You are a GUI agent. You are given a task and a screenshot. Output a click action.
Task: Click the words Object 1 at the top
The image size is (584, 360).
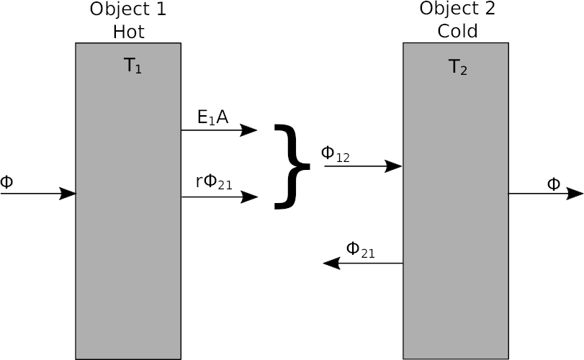tap(128, 9)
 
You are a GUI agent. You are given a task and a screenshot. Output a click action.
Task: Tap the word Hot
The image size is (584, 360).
tap(128, 32)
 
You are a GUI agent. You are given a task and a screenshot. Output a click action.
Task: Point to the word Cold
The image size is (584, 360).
tap(457, 32)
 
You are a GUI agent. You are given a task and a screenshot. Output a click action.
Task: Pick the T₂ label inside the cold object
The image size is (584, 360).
tap(459, 68)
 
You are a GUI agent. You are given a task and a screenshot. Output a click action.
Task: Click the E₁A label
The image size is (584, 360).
tap(212, 117)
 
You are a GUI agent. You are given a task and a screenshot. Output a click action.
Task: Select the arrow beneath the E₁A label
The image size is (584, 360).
tap(219, 130)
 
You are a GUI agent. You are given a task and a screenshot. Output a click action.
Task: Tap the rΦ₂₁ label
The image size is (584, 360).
tap(214, 183)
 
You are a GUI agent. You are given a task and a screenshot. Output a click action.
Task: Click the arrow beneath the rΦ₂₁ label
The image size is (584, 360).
tap(219, 197)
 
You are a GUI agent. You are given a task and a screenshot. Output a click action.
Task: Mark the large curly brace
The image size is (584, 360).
tap(291, 166)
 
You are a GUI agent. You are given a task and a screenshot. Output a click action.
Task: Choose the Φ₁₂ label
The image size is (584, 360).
tap(335, 154)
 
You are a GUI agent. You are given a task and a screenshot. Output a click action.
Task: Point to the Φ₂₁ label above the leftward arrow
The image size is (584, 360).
tap(360, 250)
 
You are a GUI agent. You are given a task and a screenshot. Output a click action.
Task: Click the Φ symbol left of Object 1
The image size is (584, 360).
tap(6, 181)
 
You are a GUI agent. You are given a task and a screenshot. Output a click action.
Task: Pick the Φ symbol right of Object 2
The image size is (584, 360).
tap(553, 184)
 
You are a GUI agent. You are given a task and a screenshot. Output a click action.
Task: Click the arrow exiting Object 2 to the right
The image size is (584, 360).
tap(545, 194)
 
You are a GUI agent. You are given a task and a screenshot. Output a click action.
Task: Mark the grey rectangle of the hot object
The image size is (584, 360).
tap(128, 252)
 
